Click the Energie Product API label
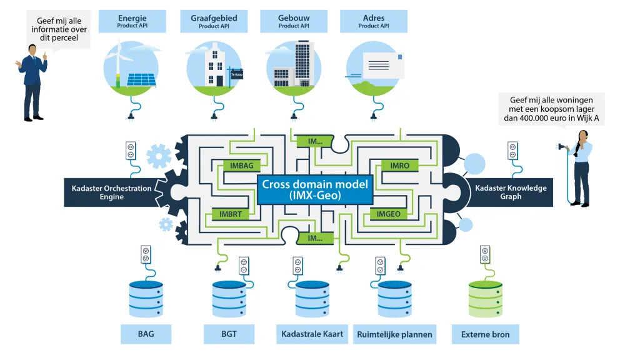132,21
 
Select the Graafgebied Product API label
214,21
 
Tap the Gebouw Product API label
294,21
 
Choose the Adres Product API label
374,21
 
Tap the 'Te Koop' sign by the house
237,74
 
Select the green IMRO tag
400,166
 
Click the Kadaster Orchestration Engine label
111,192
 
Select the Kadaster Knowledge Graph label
511,192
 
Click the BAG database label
146,334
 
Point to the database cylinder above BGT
229,299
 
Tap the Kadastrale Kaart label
312,334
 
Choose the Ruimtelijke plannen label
394,334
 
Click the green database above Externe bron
485,299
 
